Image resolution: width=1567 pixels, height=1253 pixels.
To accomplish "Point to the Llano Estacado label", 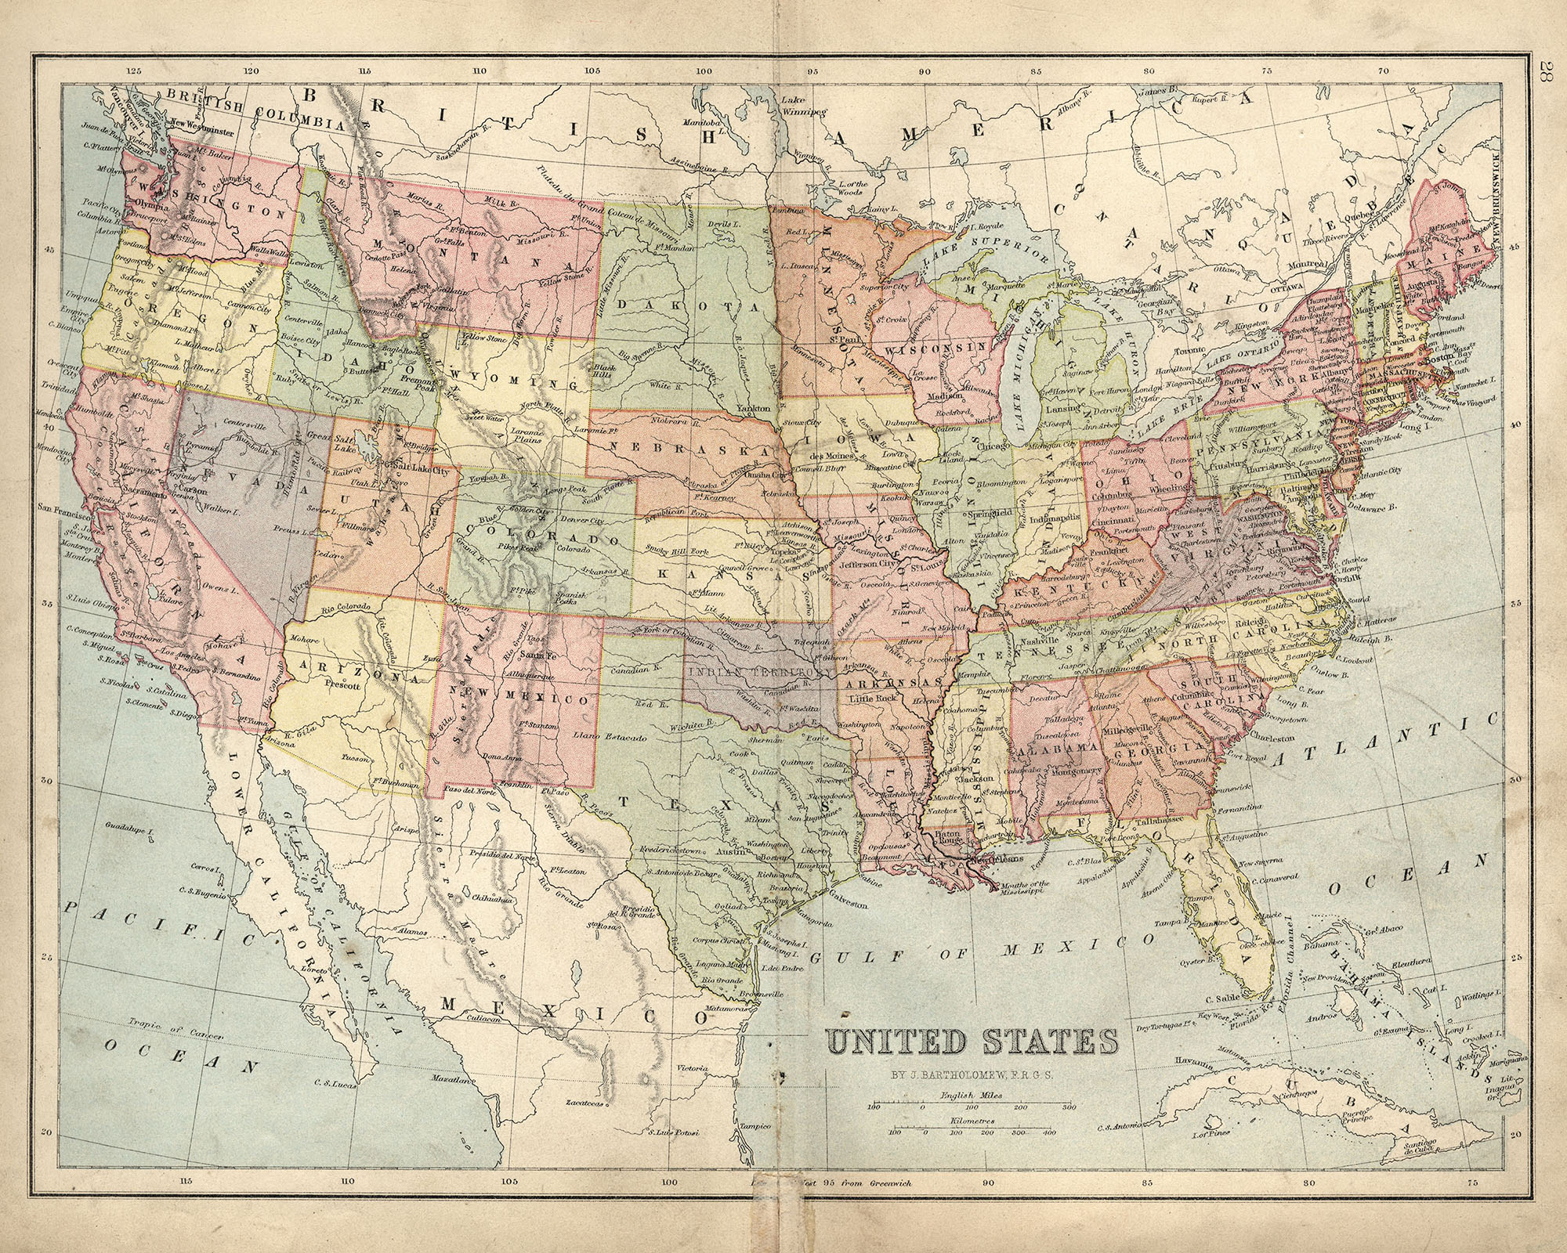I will pos(620,738).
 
